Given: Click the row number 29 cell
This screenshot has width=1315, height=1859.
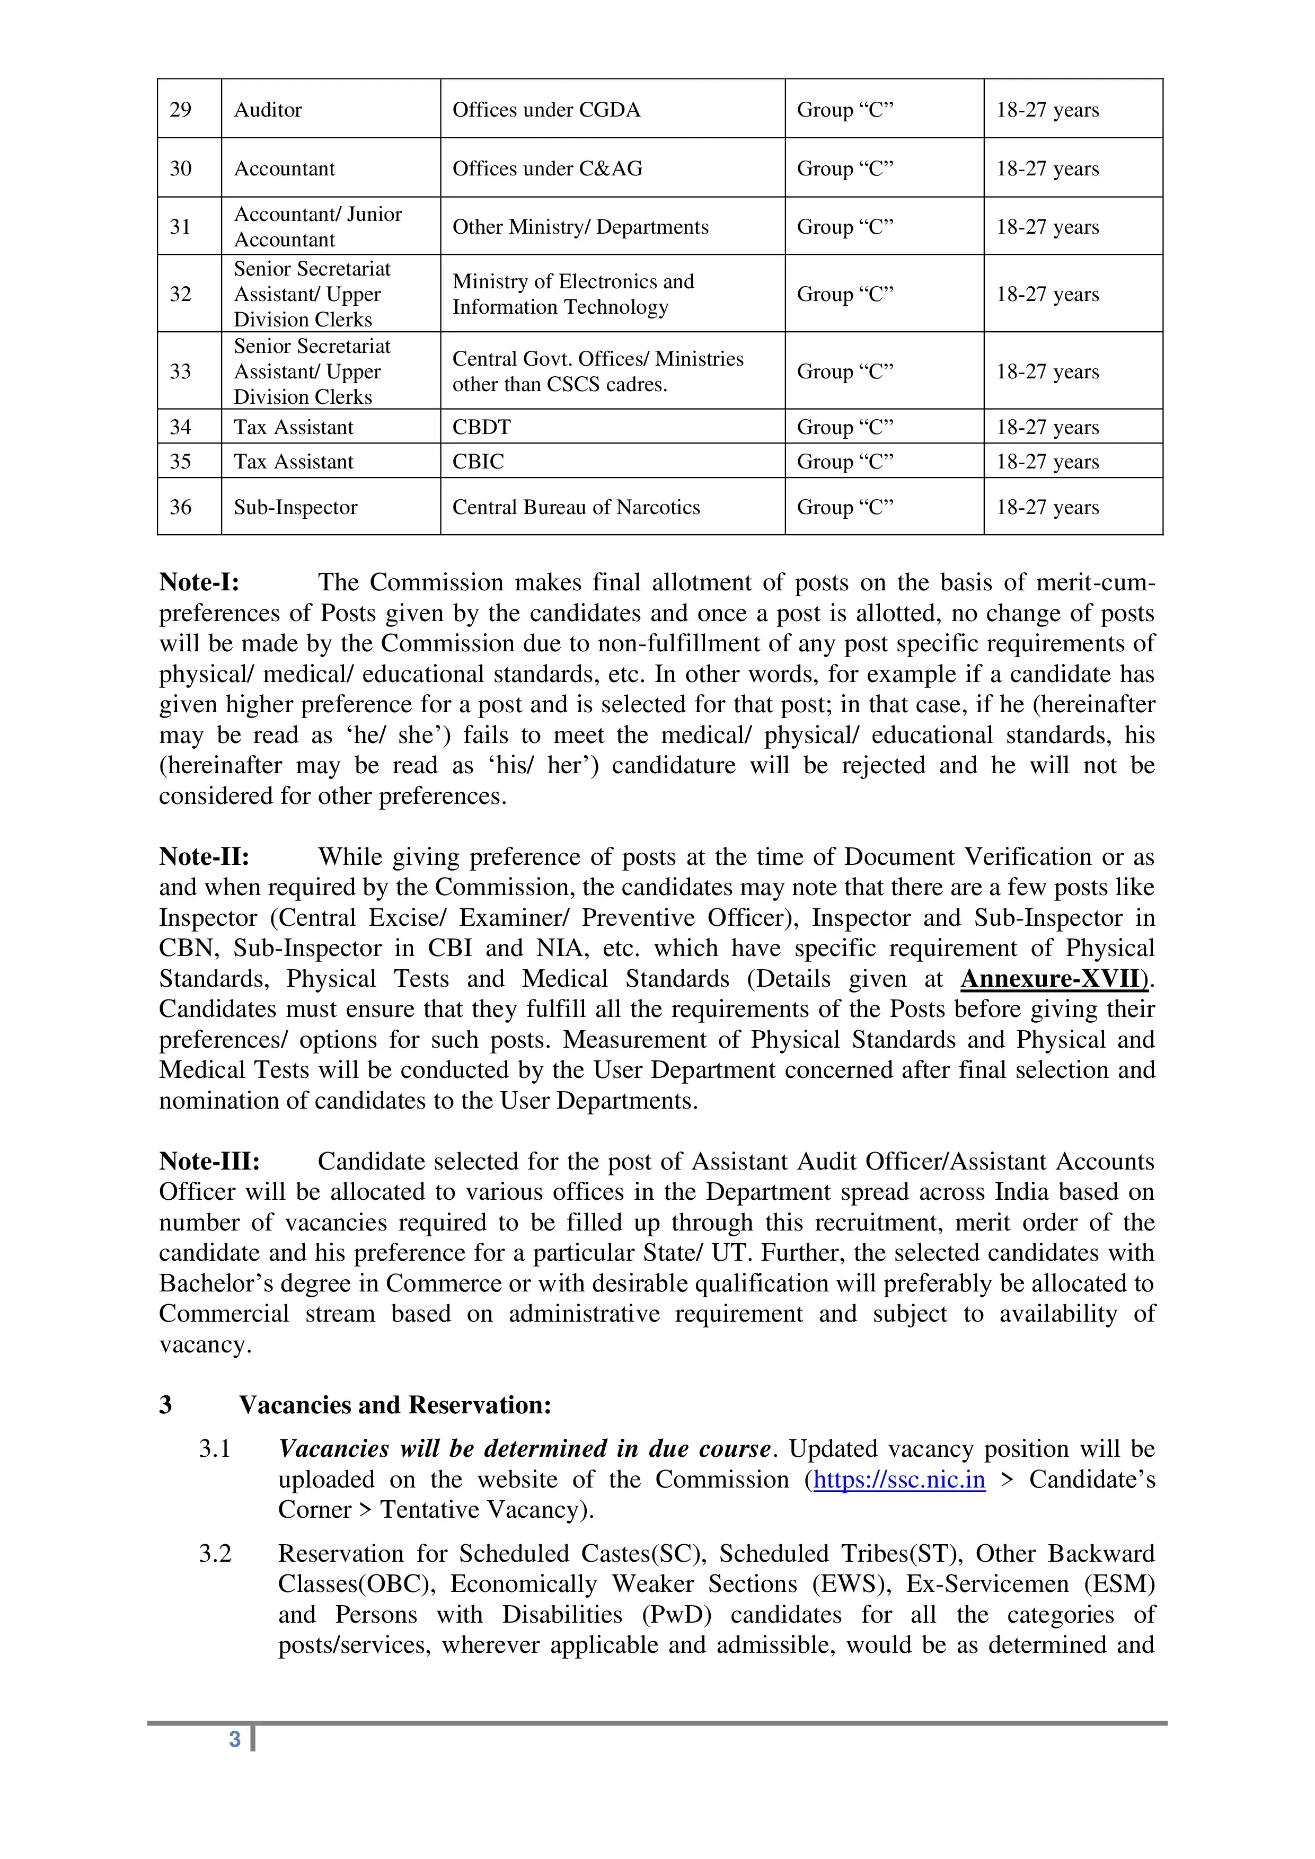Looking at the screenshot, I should coord(181,109).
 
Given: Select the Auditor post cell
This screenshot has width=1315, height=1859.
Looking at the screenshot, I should coord(268,109).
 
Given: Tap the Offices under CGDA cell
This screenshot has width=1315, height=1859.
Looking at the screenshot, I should coord(546,109).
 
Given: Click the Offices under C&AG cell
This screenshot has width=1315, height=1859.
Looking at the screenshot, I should coord(548,169).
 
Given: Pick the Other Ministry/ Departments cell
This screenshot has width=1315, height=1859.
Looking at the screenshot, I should coord(580,227).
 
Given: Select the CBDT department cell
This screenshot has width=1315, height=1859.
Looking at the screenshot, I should coord(482,427).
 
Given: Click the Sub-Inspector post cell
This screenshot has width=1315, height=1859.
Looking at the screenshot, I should coord(296,507).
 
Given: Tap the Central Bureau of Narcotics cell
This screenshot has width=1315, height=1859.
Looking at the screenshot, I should coord(576,507).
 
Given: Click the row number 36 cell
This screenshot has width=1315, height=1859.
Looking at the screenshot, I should coord(181,507).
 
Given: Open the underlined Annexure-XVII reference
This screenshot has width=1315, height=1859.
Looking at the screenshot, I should coord(1054,979).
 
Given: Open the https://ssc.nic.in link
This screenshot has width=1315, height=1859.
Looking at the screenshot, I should coord(899,1479).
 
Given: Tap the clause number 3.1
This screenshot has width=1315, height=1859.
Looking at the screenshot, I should coord(215,1448).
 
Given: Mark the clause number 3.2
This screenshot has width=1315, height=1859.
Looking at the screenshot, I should coord(215,1553).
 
